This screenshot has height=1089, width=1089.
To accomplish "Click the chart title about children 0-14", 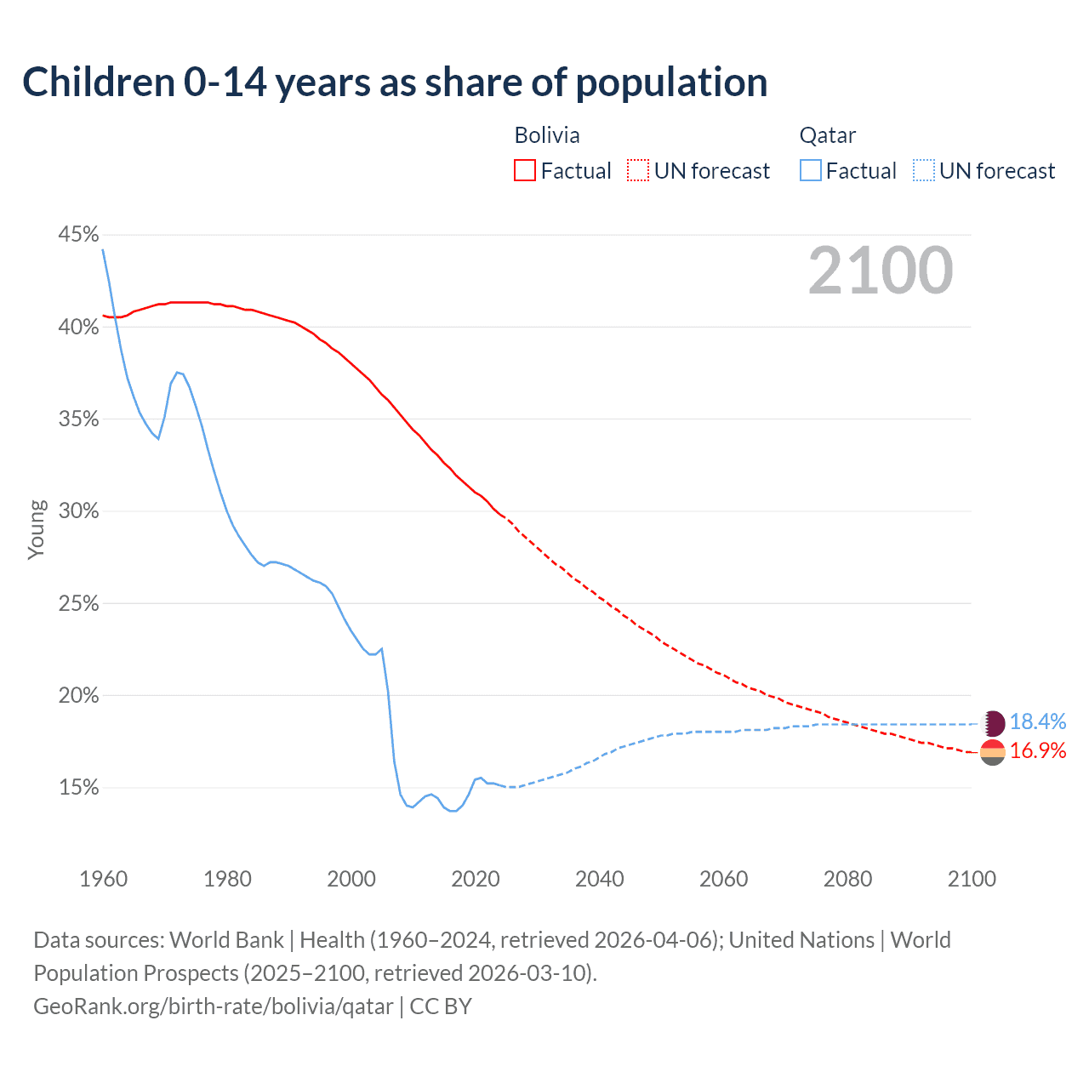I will [395, 83].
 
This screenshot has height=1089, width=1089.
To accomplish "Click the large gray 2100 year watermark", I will [881, 271].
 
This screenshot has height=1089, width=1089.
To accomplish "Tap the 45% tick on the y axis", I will [78, 234].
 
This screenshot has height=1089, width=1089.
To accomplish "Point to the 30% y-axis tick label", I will [78, 511].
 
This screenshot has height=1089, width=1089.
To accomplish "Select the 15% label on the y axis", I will [78, 788].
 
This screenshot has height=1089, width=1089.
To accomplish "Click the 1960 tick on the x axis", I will [103, 879].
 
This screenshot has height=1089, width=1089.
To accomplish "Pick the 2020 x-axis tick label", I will [475, 879].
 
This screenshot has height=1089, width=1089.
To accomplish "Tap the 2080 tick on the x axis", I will [847, 879].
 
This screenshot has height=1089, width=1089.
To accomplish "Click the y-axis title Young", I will [37, 529].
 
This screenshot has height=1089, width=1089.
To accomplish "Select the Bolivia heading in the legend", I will [547, 135].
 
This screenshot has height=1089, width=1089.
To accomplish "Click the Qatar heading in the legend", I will [827, 135].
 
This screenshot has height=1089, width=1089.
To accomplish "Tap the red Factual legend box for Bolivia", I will [525, 171].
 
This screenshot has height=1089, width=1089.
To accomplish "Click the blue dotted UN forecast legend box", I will [924, 171].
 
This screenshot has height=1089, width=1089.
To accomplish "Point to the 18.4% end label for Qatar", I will [1037, 722].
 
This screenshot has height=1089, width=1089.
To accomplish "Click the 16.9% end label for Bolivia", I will [1037, 751].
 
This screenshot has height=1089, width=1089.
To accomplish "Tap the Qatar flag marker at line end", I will [993, 723].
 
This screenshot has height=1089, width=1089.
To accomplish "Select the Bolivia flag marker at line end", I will [993, 752].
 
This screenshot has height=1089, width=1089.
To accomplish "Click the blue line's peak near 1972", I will [177, 372].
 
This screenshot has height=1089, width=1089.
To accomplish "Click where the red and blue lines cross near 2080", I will [852, 724].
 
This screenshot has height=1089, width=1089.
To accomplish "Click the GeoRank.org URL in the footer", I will [213, 1006].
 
